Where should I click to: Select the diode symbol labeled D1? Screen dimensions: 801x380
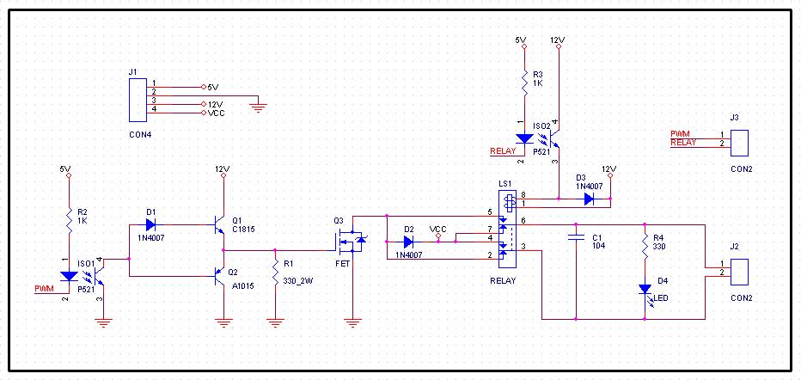click(x=150, y=224)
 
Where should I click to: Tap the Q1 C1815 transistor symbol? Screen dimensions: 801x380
click(x=220, y=224)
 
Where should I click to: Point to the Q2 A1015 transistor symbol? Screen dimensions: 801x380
click(x=220, y=276)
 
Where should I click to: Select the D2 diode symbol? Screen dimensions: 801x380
click(x=409, y=242)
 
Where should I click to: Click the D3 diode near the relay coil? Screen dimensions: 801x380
click(x=589, y=199)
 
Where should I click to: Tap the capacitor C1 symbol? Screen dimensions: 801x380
click(x=576, y=237)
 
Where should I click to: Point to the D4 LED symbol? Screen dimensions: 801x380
click(x=645, y=292)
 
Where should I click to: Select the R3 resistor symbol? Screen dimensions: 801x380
click(x=524, y=82)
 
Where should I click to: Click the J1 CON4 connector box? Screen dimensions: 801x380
click(x=138, y=100)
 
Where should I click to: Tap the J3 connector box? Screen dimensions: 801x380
click(x=739, y=143)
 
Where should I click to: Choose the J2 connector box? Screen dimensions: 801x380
click(x=739, y=272)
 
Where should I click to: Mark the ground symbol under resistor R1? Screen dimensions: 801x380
click(x=275, y=322)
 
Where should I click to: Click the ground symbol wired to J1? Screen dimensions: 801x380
click(x=259, y=107)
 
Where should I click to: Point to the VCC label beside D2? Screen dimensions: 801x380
click(x=438, y=229)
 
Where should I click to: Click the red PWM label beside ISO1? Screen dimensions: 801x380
click(x=44, y=289)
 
